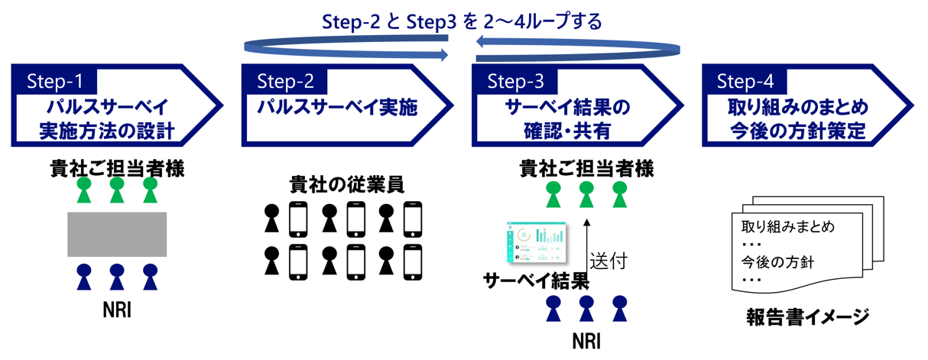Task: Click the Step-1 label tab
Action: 55,80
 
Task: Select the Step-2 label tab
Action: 285,80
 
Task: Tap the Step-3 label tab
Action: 515,80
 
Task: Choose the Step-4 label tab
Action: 745,80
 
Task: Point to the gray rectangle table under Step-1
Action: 117,234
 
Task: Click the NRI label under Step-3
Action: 586,340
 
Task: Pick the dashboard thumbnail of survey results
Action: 537,240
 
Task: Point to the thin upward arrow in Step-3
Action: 586,253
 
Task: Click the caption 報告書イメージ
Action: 808,316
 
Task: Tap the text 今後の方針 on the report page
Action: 777,261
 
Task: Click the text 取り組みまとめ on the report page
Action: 787,227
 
